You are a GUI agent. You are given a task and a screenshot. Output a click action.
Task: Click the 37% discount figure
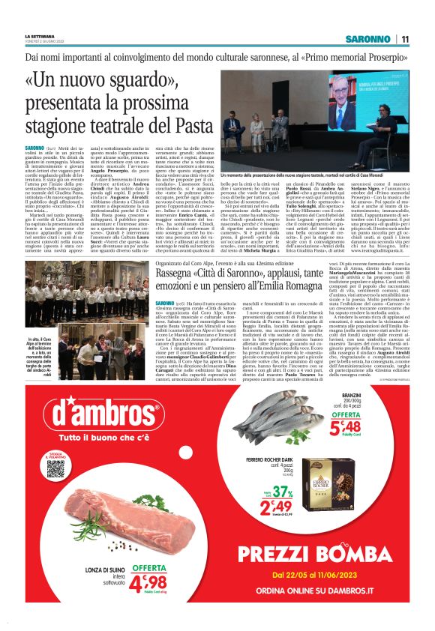coord(281,492)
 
